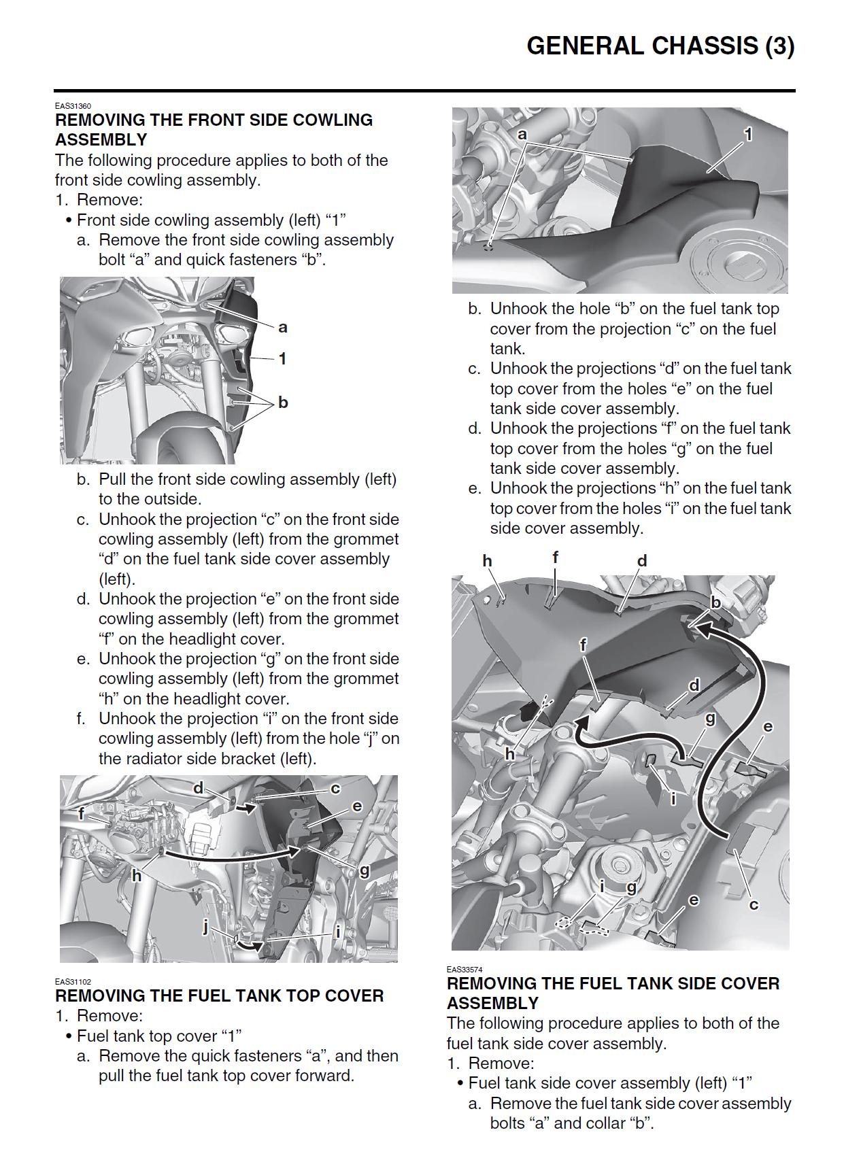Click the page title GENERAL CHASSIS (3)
[x=660, y=46]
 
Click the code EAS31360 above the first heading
[x=73, y=106]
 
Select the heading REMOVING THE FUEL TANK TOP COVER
[x=219, y=995]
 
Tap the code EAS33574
[x=465, y=970]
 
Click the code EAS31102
[x=73, y=982]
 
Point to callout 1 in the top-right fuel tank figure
[x=748, y=135]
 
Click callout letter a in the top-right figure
[x=522, y=135]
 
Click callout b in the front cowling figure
[x=283, y=403]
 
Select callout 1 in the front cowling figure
[x=282, y=358]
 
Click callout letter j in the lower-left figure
[x=205, y=926]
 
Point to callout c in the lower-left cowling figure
[x=335, y=788]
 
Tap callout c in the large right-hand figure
[x=753, y=904]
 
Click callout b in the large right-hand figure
[x=715, y=602]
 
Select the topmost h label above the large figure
[x=487, y=561]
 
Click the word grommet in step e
[x=373, y=679]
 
